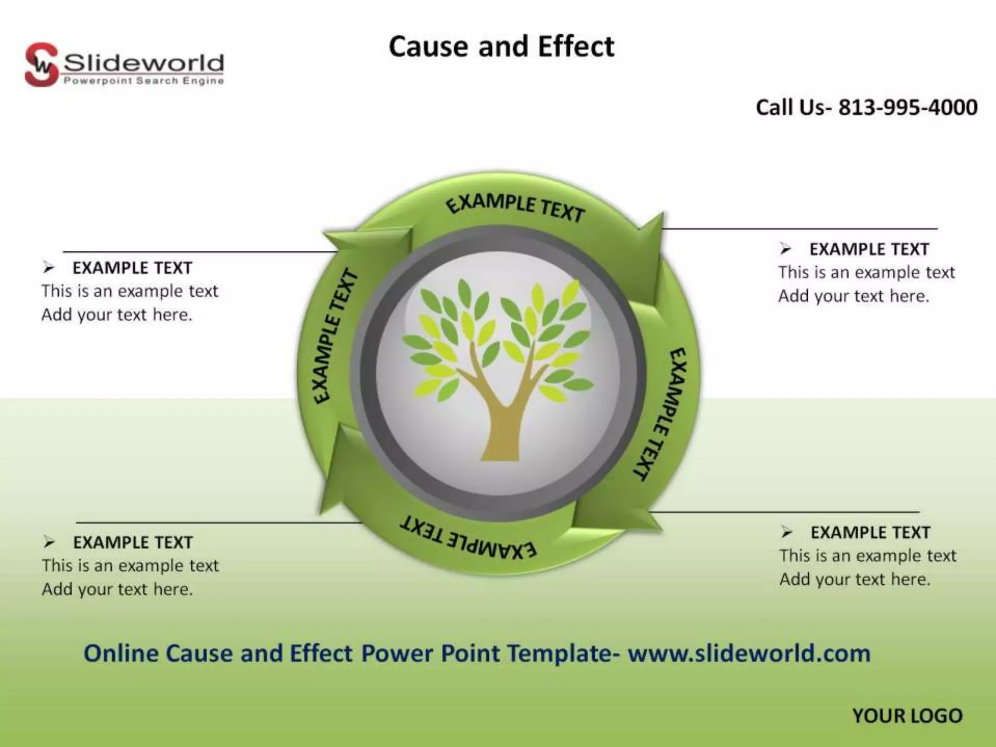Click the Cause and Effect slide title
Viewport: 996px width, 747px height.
pyautogui.click(x=501, y=47)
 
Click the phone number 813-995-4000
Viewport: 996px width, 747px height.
pyautogui.click(x=907, y=107)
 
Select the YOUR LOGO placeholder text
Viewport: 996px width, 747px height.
pyautogui.click(x=907, y=716)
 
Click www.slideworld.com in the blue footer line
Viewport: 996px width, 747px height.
pyautogui.click(x=748, y=653)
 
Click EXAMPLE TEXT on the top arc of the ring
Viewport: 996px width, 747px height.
pyautogui.click(x=516, y=208)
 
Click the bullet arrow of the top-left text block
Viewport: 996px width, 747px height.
pyautogui.click(x=49, y=267)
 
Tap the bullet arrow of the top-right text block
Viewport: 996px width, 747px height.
pyautogui.click(x=785, y=249)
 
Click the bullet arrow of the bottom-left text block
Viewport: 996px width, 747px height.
pyautogui.click(x=49, y=541)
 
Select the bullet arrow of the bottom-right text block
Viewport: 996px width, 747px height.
pyautogui.click(x=787, y=532)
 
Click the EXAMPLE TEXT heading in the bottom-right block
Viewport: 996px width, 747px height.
pyautogui.click(x=870, y=533)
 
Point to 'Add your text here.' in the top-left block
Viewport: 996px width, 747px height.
pyautogui.click(x=117, y=315)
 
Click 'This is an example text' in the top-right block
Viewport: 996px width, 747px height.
pyautogui.click(x=866, y=272)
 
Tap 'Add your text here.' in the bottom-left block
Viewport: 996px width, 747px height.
pyautogui.click(x=117, y=589)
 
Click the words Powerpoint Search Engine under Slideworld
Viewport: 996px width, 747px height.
pyautogui.click(x=143, y=81)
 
